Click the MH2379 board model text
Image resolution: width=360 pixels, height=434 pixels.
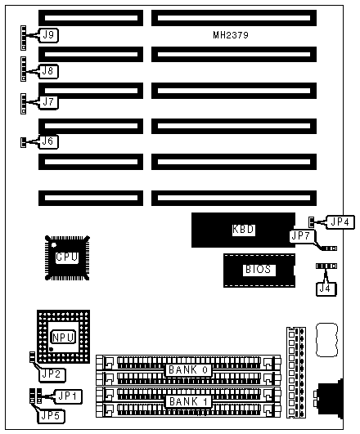pos(231,35)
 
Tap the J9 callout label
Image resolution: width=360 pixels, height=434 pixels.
pos(49,35)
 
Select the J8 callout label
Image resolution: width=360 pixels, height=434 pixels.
pos(48,71)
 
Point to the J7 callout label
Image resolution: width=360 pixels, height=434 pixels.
pos(49,102)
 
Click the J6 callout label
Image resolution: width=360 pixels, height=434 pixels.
pos(48,141)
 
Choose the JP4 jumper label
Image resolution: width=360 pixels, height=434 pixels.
pos(340,222)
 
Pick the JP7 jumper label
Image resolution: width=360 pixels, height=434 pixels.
pos(301,236)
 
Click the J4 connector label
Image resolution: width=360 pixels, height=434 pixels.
pos(326,289)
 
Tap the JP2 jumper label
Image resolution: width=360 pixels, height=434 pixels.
pos(52,375)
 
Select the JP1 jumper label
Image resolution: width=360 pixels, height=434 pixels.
pos(69,396)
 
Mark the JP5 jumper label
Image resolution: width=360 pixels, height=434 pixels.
pos(52,416)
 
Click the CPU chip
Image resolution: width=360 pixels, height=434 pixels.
pos(67,257)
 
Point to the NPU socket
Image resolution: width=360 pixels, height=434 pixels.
pos(64,337)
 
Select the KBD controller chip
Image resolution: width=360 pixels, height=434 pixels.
pos(243,230)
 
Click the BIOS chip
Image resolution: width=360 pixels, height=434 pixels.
pos(259,271)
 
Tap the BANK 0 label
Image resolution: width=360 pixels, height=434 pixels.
pos(188,369)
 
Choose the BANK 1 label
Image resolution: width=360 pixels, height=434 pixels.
pos(188,401)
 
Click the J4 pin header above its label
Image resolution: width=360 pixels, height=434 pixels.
pos(326,266)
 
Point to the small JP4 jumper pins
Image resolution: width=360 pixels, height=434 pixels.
pos(311,221)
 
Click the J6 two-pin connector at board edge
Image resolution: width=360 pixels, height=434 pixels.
pos(23,142)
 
